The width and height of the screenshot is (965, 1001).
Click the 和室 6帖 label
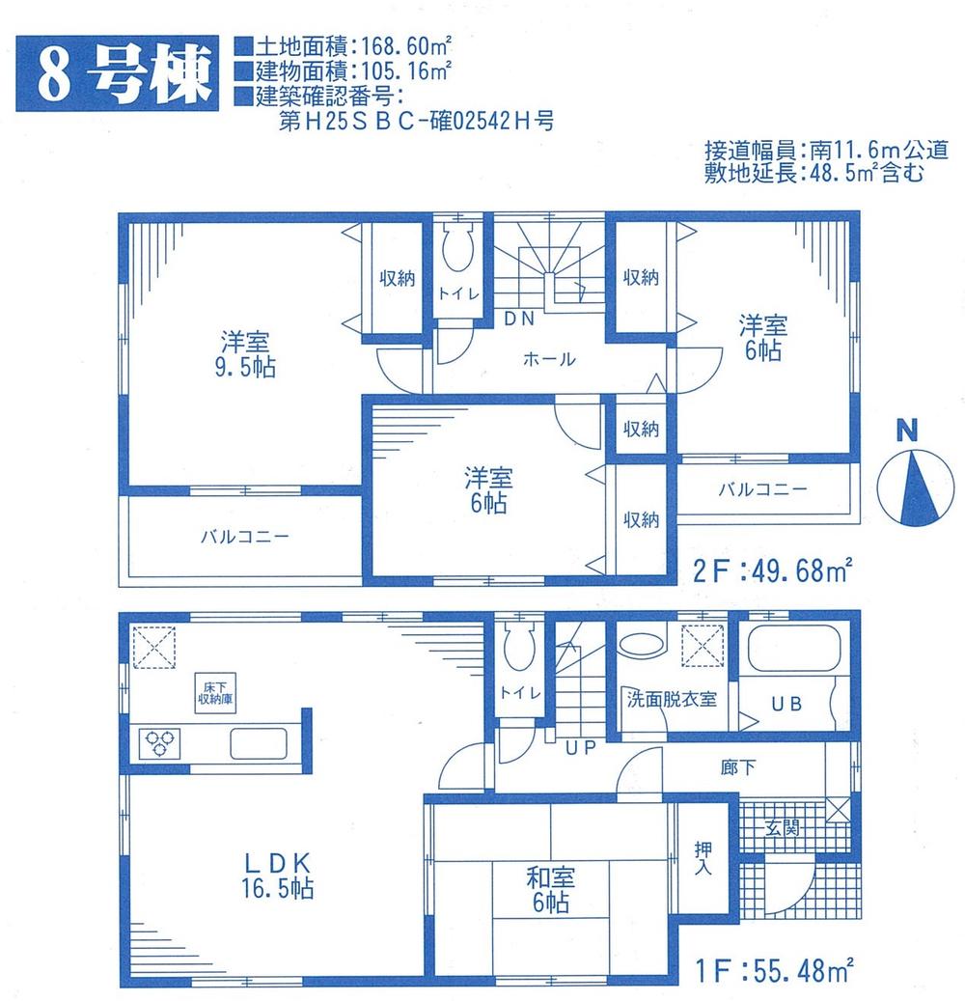click(x=551, y=890)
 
